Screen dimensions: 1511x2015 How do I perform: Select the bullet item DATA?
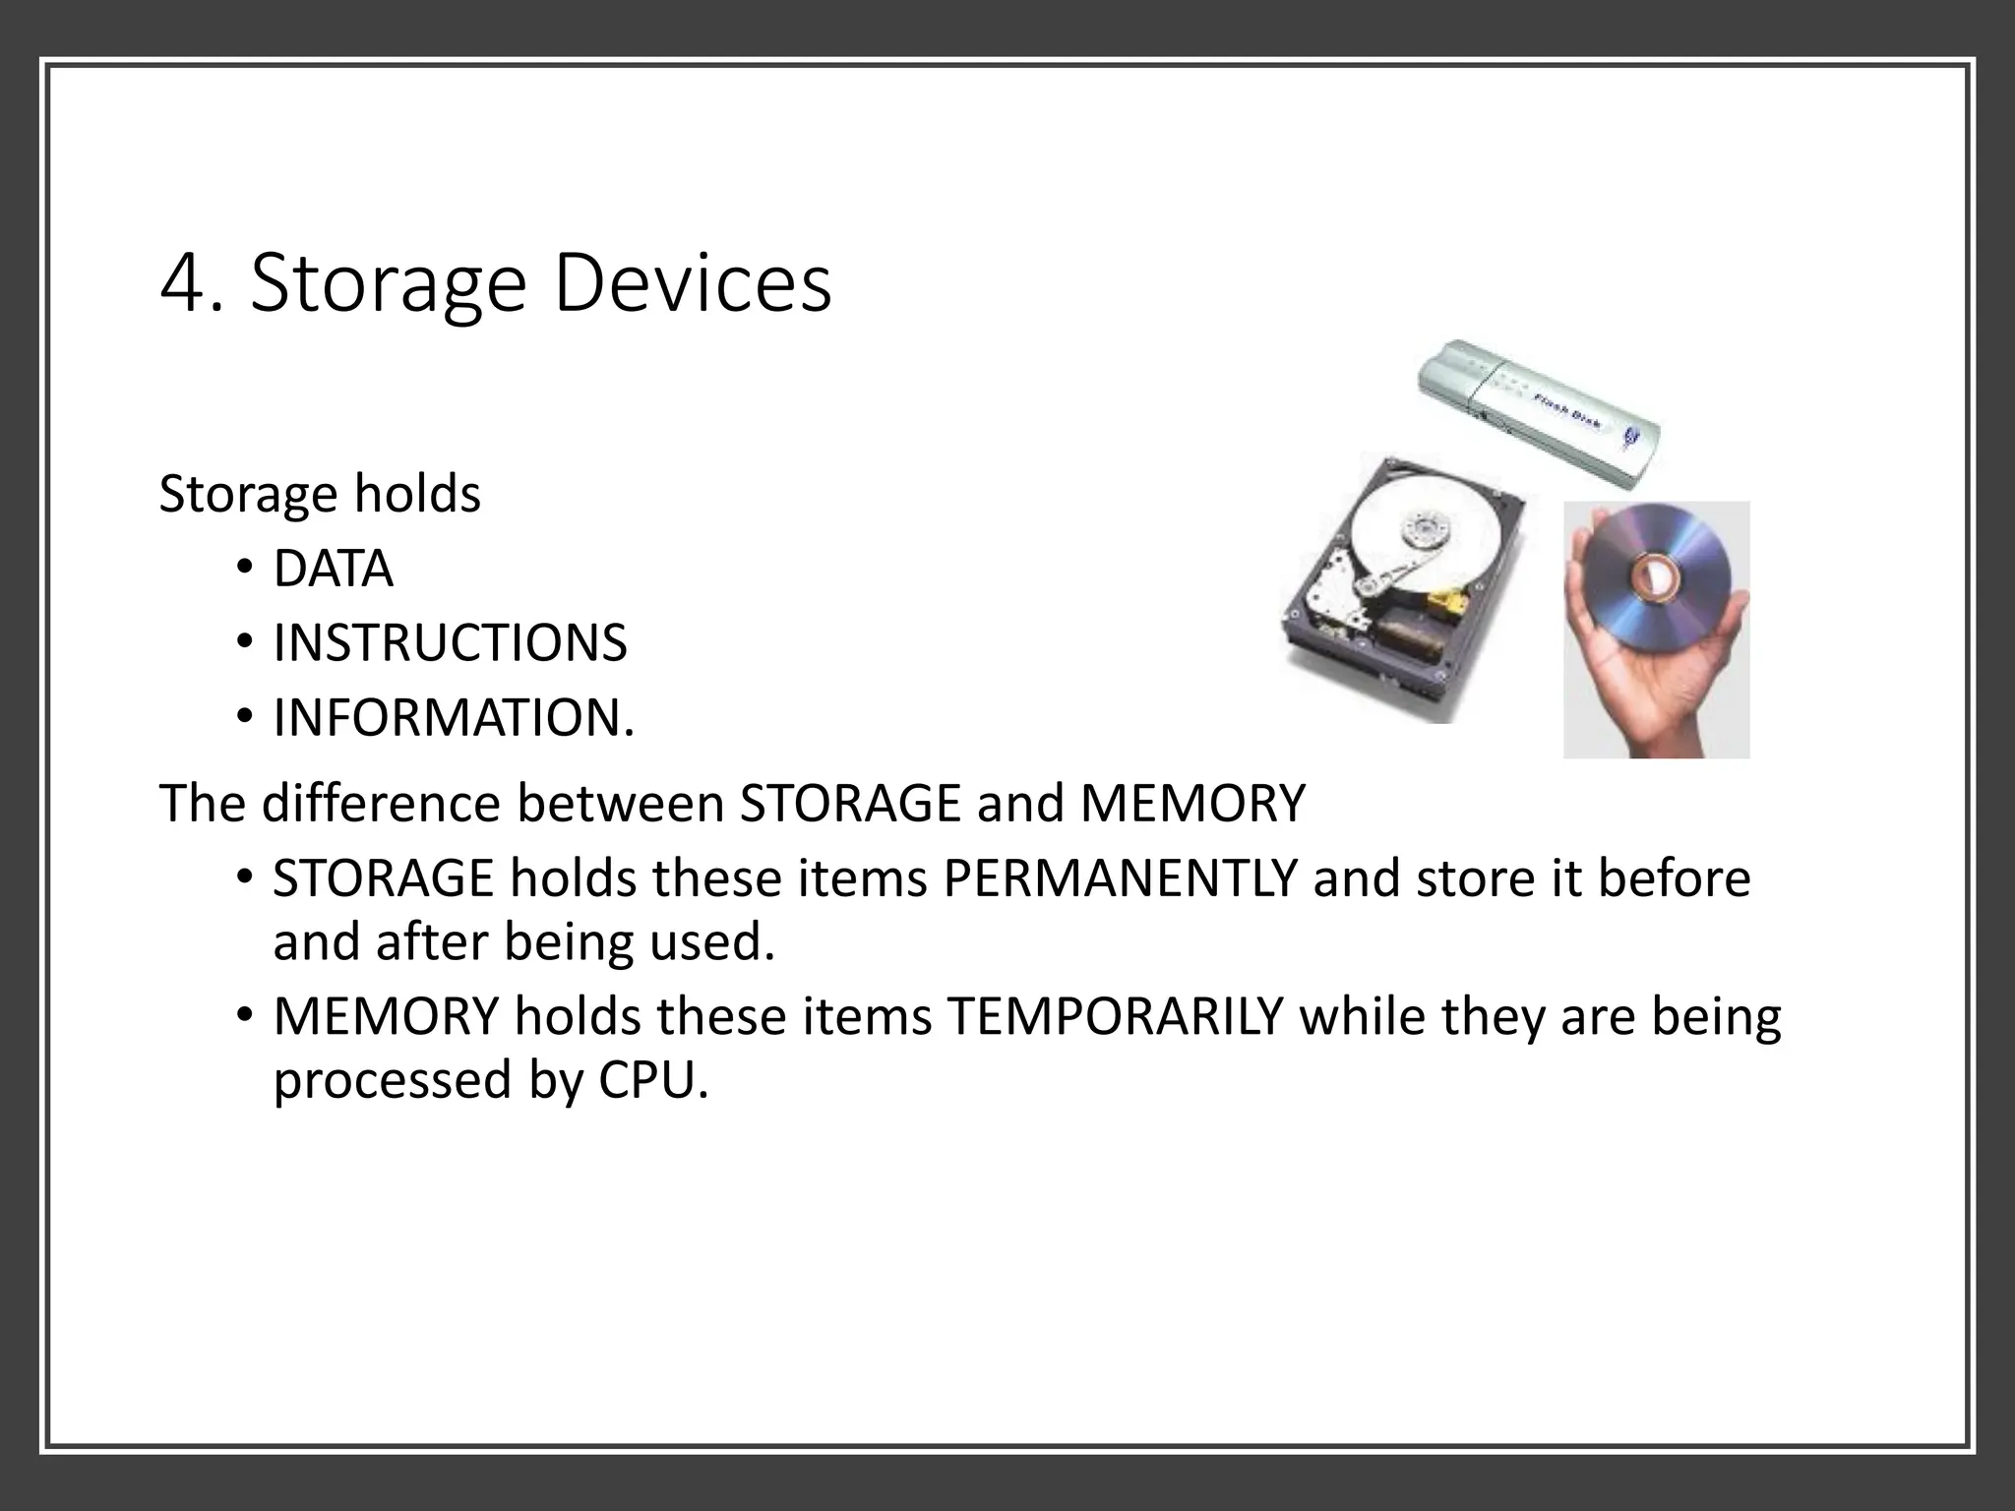click(333, 570)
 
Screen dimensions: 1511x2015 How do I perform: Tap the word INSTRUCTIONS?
click(450, 643)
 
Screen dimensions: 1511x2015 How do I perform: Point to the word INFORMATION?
click(453, 718)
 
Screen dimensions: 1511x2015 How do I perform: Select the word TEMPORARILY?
click(1115, 1016)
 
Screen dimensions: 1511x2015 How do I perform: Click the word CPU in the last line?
click(651, 1080)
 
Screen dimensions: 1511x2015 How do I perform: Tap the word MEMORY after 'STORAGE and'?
click(1191, 804)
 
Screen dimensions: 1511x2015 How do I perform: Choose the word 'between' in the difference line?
click(620, 804)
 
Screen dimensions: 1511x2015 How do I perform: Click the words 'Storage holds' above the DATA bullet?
click(320, 494)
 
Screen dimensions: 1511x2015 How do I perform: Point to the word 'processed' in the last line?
click(392, 1080)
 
